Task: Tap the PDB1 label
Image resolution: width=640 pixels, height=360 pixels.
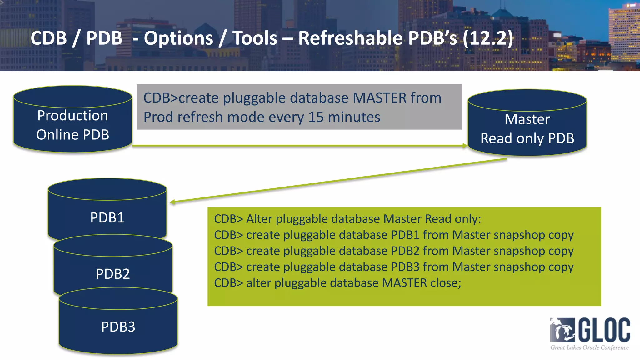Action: (x=107, y=218)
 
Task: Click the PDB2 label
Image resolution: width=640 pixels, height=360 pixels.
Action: (x=113, y=274)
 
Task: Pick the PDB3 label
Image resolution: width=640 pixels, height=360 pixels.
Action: (x=118, y=327)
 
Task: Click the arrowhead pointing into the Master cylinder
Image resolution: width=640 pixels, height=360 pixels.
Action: (x=465, y=146)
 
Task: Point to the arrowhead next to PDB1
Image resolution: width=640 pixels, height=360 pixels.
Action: (x=173, y=202)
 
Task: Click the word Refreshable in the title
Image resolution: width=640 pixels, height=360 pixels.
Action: (x=350, y=38)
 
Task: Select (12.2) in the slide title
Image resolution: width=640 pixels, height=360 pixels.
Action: (x=488, y=38)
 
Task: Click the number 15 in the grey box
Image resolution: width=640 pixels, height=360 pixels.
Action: (x=316, y=117)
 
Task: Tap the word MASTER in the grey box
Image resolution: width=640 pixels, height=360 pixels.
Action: (x=379, y=98)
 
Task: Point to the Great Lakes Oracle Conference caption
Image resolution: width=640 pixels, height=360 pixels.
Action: (x=589, y=347)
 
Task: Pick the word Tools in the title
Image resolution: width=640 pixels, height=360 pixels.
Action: (x=255, y=38)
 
